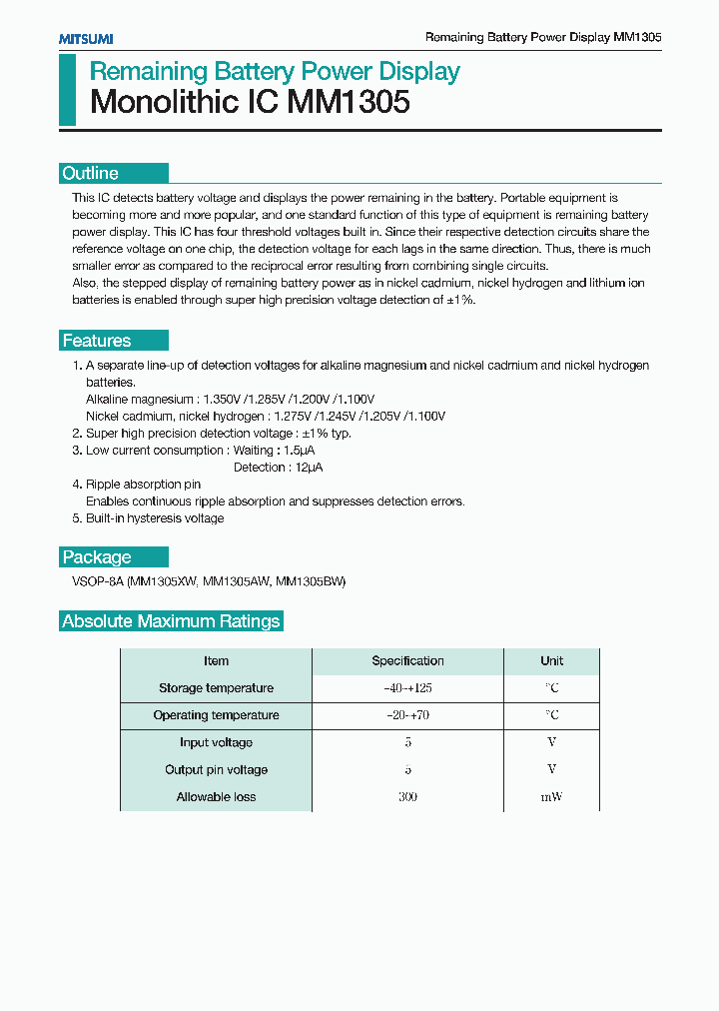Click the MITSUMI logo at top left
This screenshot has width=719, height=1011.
pos(85,38)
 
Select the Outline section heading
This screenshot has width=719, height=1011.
pos(91,173)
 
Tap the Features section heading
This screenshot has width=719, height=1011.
pos(97,341)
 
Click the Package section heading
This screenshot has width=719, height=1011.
pos(97,557)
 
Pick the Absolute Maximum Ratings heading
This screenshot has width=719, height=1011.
pos(171,621)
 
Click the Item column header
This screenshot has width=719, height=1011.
pos(216,661)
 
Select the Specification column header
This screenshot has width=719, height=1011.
pos(407,661)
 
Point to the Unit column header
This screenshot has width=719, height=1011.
pos(551,661)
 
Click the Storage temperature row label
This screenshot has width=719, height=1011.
pos(216,688)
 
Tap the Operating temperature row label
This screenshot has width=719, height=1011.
pos(216,715)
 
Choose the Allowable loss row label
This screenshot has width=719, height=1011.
pos(216,797)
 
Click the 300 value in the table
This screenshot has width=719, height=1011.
pos(407,797)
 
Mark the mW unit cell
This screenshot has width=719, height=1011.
pos(551,797)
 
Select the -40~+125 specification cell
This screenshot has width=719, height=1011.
pos(407,688)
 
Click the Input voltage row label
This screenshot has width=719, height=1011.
pos(216,742)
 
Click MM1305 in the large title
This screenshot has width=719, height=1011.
pos(349,102)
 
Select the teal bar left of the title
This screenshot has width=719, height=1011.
pos(67,90)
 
